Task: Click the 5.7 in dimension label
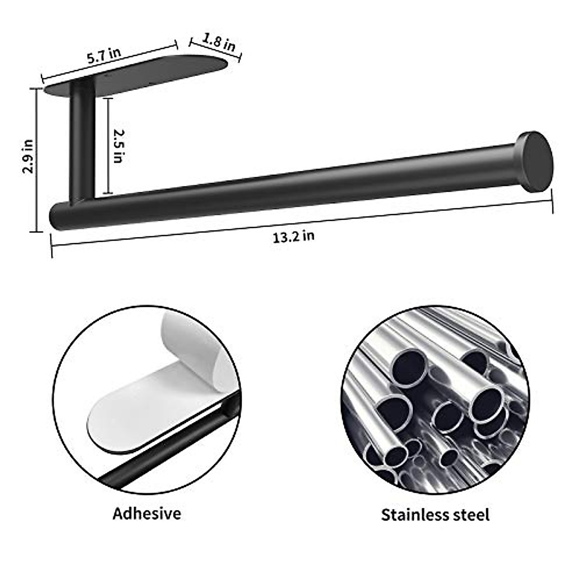[104, 56]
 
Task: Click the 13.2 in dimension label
[293, 236]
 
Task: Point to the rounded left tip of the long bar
[57, 217]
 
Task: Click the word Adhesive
[147, 513]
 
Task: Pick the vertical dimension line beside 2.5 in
[108, 145]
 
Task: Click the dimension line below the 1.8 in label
[215, 50]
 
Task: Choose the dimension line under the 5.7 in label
[109, 61]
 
